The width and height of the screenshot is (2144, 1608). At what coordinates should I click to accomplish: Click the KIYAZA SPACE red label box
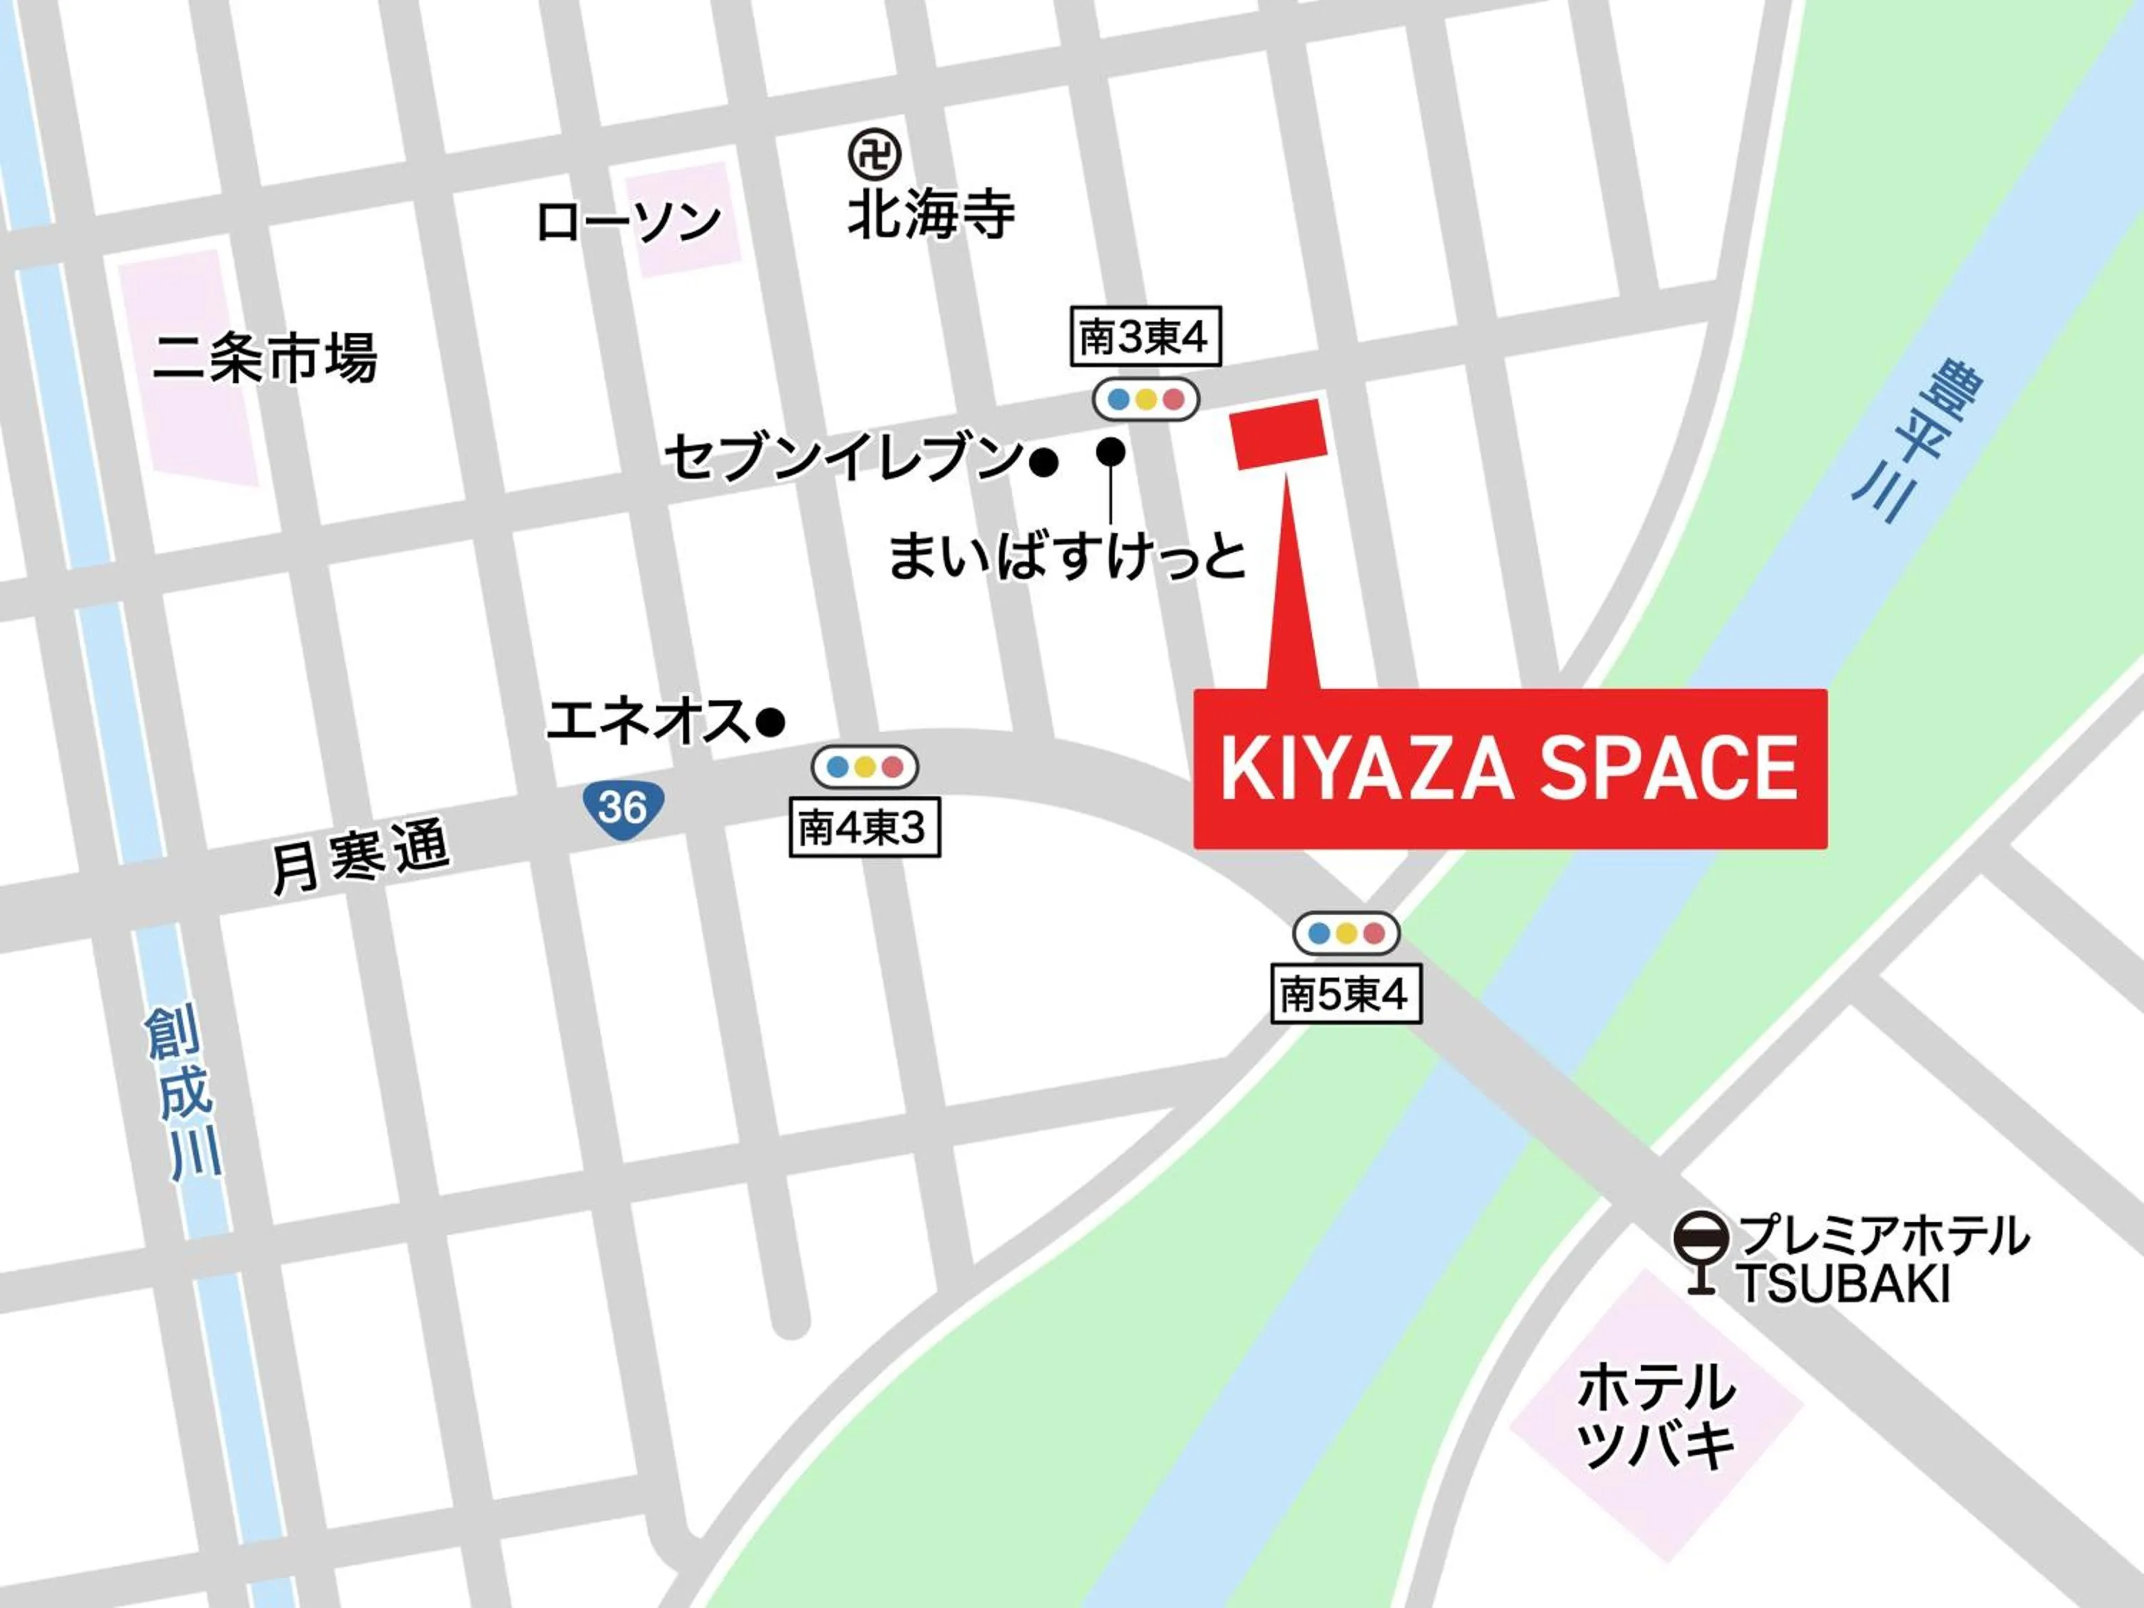click(x=1509, y=768)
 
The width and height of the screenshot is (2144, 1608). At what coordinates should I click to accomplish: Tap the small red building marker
click(x=1278, y=433)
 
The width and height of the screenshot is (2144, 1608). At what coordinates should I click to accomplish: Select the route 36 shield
click(x=622, y=806)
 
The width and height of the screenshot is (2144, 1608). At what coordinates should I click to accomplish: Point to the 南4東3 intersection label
click(x=863, y=828)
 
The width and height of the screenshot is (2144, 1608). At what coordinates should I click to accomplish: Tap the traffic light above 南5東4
click(x=1345, y=933)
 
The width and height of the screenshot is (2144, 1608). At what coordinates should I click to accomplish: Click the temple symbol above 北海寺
click(x=874, y=153)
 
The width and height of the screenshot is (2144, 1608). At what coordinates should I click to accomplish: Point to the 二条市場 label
click(x=264, y=359)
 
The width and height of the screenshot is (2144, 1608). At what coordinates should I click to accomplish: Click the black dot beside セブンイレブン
click(x=1043, y=463)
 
